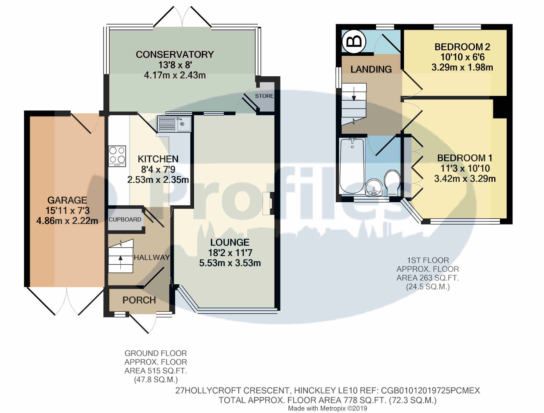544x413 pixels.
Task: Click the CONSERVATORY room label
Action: click(175, 55)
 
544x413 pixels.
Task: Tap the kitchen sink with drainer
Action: click(174, 124)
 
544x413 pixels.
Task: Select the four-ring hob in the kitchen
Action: click(117, 156)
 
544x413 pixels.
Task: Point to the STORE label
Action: click(264, 96)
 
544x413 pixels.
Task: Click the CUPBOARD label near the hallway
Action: click(125, 219)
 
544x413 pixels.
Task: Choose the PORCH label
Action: click(139, 300)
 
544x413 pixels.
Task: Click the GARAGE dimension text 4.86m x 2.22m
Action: click(67, 221)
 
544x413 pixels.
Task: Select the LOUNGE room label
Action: click(230, 242)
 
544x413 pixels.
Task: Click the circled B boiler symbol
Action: click(354, 41)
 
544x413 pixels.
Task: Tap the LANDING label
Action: click(371, 69)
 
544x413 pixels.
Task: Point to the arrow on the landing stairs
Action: click(354, 94)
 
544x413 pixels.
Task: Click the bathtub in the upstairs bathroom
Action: click(352, 166)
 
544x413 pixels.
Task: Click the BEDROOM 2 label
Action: click(462, 47)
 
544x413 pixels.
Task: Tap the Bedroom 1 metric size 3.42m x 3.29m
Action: click(465, 179)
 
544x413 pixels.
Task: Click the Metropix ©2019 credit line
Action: click(327, 408)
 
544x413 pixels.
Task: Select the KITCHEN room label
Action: click(158, 159)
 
